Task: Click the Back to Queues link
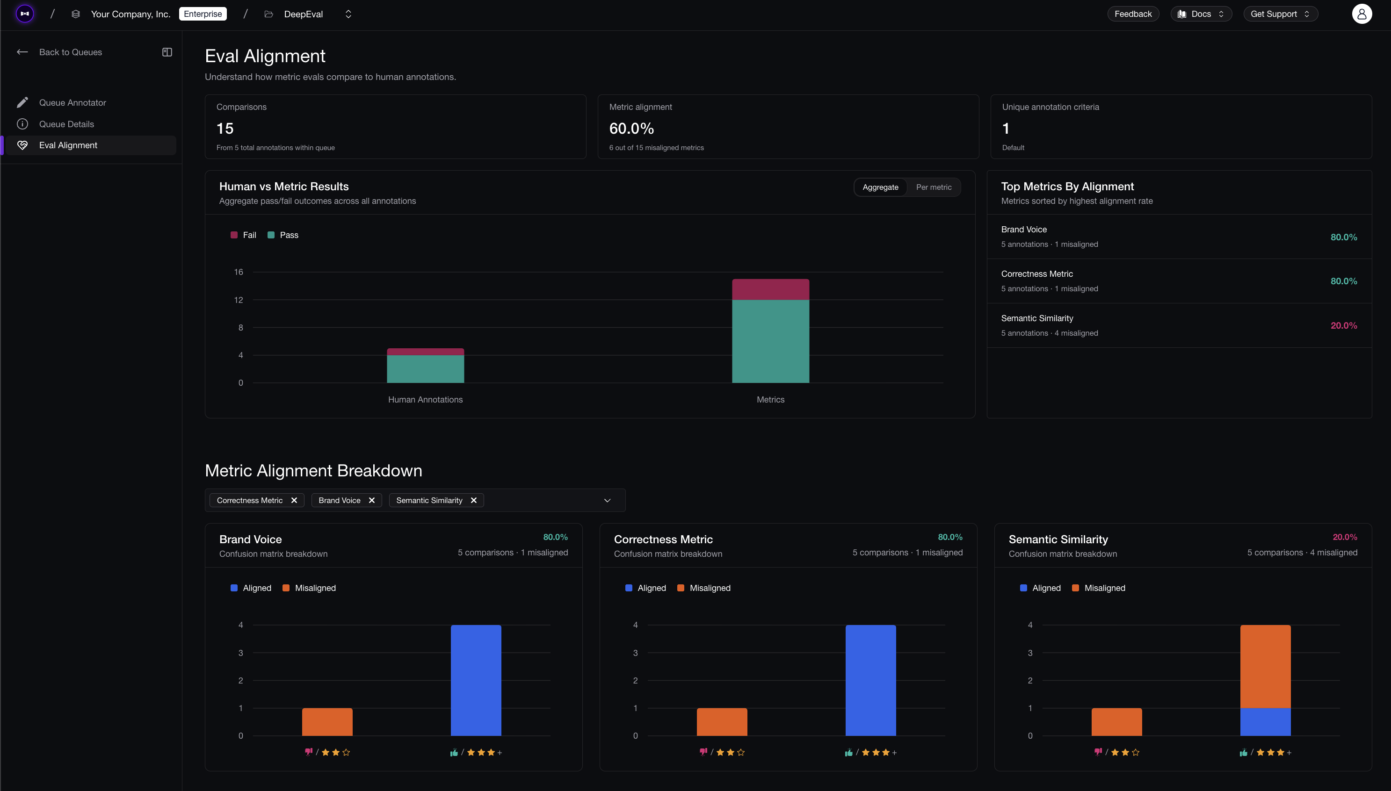[70, 52]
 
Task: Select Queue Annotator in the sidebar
[72, 103]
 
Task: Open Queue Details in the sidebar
[66, 124]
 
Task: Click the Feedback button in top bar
[1132, 14]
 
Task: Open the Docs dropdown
[1200, 14]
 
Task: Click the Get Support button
[1280, 14]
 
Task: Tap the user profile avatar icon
[1361, 14]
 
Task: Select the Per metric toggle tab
[933, 187]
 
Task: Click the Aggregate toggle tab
[880, 187]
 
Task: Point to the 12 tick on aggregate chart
[239, 300]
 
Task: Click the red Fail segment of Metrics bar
[770, 289]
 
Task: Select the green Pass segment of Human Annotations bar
[425, 369]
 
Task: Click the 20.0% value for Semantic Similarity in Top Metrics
[1343, 326]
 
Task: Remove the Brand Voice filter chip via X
[372, 500]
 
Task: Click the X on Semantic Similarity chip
[473, 500]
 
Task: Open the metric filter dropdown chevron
[607, 500]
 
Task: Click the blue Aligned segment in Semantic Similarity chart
[1265, 721]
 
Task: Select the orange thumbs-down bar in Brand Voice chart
[327, 721]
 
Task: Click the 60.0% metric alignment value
[631, 129]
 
